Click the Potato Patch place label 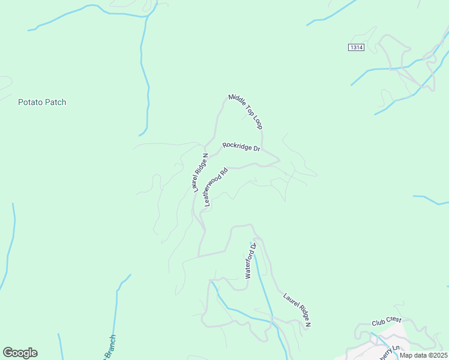tap(42, 102)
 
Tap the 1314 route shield tap(356, 47)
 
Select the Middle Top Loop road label tap(246, 111)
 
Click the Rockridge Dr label tap(241, 146)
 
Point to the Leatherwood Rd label tap(216, 187)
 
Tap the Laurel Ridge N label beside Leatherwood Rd tap(200, 173)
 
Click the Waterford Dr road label tap(251, 261)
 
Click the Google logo tap(20, 353)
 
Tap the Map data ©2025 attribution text tap(423, 355)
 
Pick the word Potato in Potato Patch tap(29, 102)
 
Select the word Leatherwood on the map tap(214, 191)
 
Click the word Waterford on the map tap(250, 265)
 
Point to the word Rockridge tap(236, 146)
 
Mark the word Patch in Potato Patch tap(55, 102)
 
